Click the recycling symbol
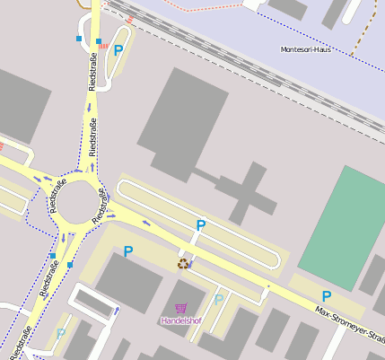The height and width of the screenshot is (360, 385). [x=184, y=263]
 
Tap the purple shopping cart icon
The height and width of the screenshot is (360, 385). [x=181, y=308]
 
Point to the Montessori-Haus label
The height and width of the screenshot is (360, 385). [x=305, y=49]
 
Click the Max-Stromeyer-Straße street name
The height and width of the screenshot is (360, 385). [x=350, y=324]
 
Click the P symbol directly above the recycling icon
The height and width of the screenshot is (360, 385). [x=200, y=225]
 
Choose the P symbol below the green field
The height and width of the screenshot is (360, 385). [x=327, y=296]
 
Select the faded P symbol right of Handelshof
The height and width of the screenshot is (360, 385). [x=218, y=299]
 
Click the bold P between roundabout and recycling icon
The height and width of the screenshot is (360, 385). [x=128, y=252]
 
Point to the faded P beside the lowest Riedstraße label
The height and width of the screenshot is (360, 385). [x=61, y=333]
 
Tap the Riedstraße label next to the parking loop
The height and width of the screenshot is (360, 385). [x=92, y=72]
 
